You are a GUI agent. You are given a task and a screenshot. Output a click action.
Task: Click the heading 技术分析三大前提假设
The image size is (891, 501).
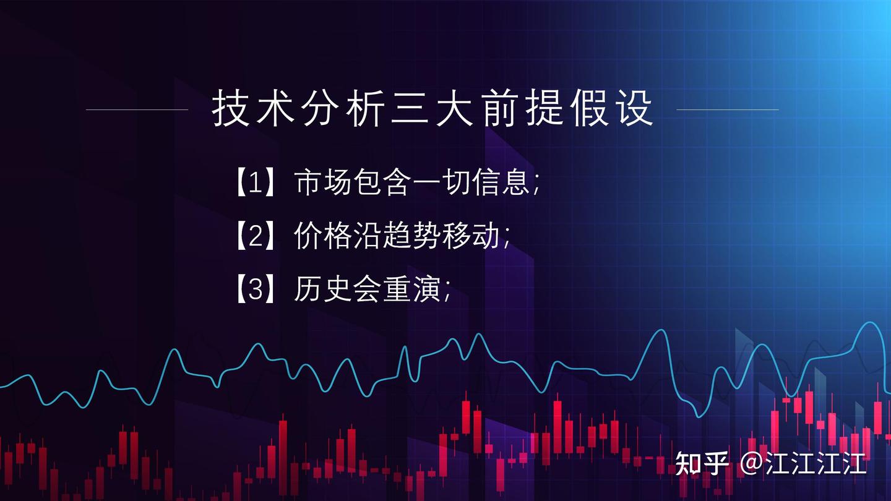click(x=433, y=109)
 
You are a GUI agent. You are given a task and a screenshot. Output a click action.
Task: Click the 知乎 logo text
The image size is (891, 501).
click(x=702, y=463)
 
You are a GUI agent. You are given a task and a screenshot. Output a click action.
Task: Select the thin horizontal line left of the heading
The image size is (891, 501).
click(x=137, y=109)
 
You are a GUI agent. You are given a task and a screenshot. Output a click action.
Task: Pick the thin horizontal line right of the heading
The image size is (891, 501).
click(x=728, y=109)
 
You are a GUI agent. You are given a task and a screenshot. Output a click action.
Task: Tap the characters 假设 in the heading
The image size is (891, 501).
click(x=613, y=109)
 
